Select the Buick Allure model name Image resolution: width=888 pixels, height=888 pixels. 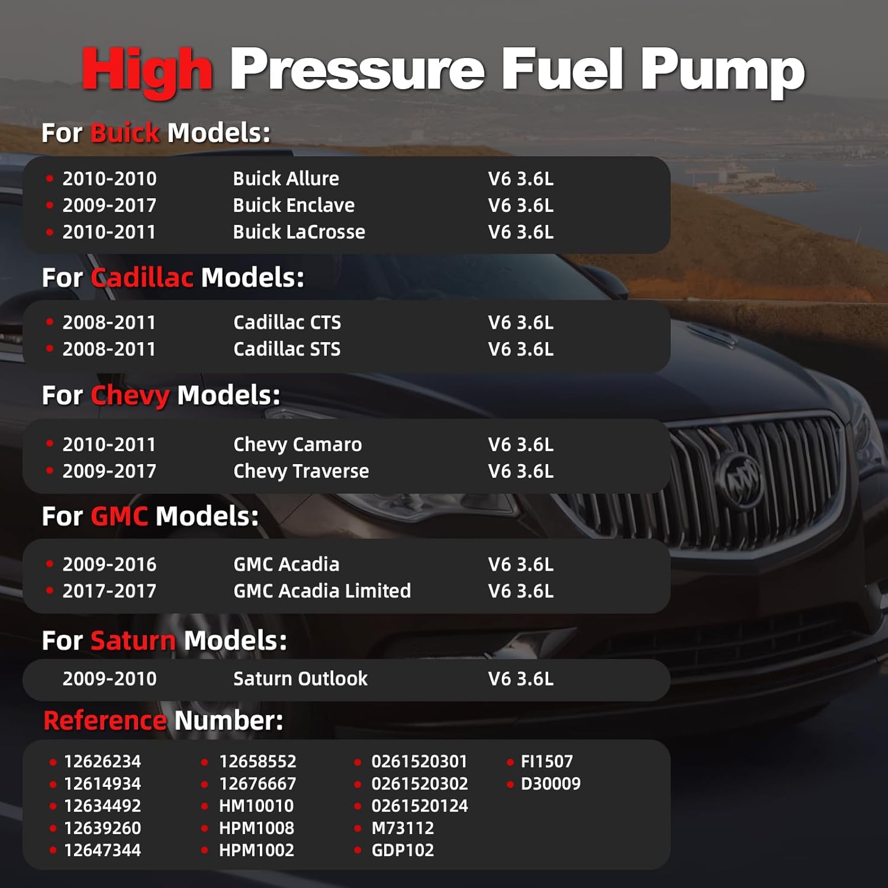click(286, 179)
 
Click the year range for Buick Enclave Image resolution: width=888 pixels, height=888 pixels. click(110, 205)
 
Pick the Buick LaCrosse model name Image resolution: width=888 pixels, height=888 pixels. click(299, 232)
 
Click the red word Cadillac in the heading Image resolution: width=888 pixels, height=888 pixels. click(142, 278)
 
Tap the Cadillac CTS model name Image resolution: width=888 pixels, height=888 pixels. click(287, 323)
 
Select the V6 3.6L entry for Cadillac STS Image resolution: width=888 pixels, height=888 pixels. click(520, 349)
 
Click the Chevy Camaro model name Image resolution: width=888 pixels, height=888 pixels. click(297, 445)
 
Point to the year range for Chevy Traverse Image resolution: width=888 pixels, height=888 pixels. click(110, 471)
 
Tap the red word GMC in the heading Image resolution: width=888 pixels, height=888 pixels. click(120, 516)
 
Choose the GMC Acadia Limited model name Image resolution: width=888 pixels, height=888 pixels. click(321, 591)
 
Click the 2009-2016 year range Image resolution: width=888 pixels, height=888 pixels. click(110, 565)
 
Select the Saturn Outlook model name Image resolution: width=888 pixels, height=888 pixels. click(300, 678)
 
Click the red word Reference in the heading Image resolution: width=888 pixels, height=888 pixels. click(105, 721)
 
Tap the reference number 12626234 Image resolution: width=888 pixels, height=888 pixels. click(102, 761)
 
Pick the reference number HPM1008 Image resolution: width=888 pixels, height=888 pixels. click(256, 828)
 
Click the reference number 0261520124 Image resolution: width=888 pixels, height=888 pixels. click(419, 806)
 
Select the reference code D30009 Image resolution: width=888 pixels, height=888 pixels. click(551, 784)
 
